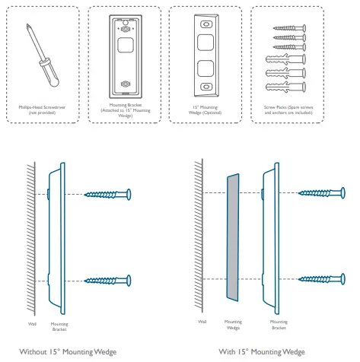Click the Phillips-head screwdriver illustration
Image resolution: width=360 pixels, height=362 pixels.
pos(43,56)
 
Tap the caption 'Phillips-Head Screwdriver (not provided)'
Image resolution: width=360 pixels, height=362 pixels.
pos(42,110)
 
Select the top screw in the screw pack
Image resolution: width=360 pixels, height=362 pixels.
pos(289,28)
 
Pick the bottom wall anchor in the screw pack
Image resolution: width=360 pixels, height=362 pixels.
pos(285,87)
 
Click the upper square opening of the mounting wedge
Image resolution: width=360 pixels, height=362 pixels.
pos(205,43)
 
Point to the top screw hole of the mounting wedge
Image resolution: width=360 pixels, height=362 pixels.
pos(206,24)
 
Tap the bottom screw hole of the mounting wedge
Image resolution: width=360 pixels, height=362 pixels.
pos(206,87)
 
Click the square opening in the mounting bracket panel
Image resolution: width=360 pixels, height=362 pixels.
pos(126,45)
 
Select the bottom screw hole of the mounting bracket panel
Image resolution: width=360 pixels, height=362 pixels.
pos(126,84)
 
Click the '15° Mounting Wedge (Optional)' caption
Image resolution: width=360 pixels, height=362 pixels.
pos(205,110)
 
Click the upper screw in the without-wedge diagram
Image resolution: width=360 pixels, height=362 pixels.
pos(107,195)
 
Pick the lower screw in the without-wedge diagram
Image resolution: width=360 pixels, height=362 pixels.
pos(107,281)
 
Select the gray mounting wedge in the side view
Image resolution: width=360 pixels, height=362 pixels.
pos(233,237)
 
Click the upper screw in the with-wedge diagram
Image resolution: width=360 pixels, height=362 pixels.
pos(322,193)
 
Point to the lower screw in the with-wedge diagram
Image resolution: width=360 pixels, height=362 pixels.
pos(322,279)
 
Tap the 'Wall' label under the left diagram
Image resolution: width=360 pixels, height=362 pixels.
pos(32,324)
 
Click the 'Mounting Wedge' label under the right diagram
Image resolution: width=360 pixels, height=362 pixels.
pos(233,325)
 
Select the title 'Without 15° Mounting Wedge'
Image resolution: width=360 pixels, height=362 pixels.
pos(68,352)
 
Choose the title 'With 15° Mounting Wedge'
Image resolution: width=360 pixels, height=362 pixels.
pos(262,352)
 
